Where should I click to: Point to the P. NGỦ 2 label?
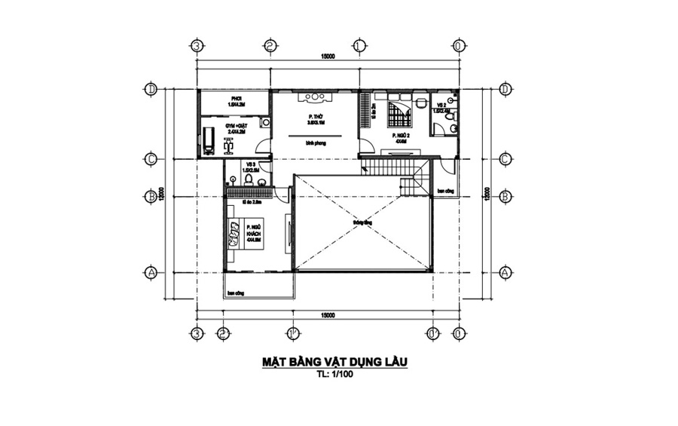click(x=400, y=137)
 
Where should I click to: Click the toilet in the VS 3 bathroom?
click(x=234, y=179)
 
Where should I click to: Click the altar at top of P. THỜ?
click(x=311, y=98)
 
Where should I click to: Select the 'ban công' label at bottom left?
click(x=236, y=292)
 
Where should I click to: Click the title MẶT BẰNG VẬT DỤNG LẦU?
click(x=334, y=362)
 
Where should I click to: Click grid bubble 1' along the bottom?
click(x=290, y=333)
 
